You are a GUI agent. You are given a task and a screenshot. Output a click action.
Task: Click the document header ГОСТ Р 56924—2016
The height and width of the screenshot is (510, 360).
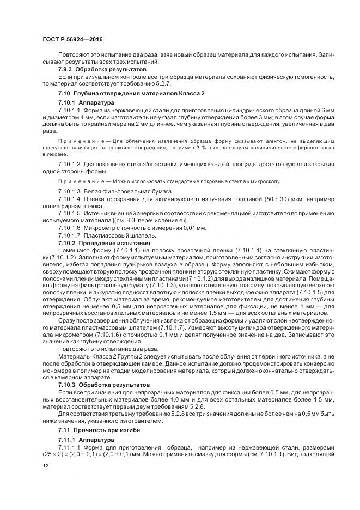(72, 40)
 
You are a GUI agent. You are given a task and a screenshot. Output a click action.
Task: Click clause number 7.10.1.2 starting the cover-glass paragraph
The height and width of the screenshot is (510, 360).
(69, 164)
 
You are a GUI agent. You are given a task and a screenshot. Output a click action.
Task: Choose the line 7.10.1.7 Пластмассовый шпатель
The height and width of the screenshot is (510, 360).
(99, 235)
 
